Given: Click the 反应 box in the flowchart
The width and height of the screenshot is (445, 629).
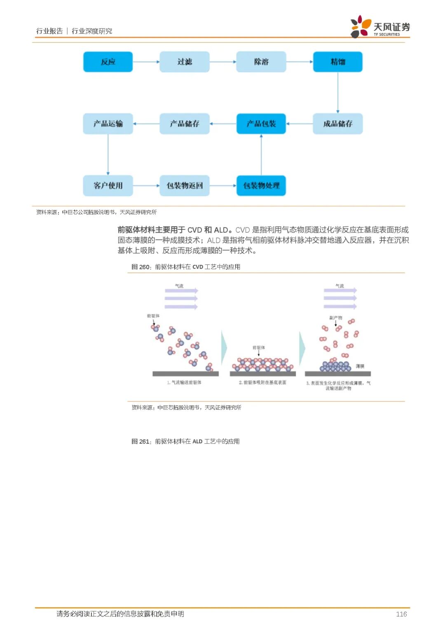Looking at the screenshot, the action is (x=108, y=62).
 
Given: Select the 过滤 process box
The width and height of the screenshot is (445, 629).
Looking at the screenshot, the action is (x=185, y=62).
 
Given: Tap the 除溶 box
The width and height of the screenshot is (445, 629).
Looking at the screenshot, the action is (x=261, y=62).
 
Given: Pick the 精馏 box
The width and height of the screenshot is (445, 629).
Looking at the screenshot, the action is (x=338, y=62).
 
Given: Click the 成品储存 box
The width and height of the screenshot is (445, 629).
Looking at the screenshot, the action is (x=338, y=124).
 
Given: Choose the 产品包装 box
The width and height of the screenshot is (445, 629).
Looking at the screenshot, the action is (x=261, y=124).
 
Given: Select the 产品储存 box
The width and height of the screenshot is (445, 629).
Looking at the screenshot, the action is (x=185, y=124).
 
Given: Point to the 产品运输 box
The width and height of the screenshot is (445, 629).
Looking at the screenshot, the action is (x=108, y=124).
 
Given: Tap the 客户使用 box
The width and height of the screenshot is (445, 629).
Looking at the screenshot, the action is (x=108, y=185).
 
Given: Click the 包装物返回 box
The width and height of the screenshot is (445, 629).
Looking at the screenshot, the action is (x=185, y=185).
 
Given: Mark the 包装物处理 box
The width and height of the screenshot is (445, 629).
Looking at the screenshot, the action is (x=261, y=185).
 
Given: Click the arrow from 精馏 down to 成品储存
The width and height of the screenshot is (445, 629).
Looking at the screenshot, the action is (x=338, y=93).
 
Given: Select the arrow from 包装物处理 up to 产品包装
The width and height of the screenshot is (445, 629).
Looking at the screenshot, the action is (x=261, y=154).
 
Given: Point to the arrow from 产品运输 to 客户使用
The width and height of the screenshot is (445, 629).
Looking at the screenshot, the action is (x=108, y=154).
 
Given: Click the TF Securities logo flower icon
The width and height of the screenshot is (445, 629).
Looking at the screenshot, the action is (x=361, y=26).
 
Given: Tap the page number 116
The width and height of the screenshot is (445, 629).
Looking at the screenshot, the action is (x=401, y=614).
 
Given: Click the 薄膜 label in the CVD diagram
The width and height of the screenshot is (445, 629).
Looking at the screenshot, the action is (x=360, y=366).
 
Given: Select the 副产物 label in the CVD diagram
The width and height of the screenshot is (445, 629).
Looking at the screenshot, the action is (x=336, y=318).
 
